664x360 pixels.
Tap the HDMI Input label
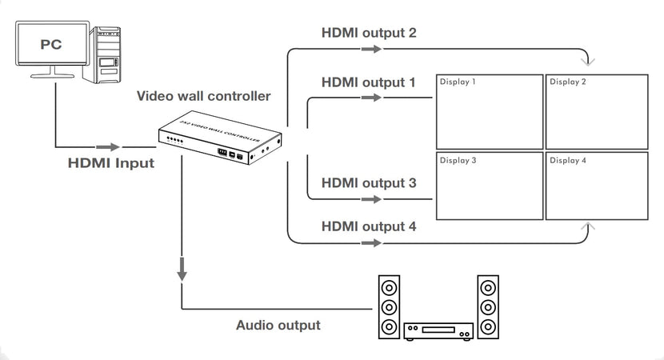pos(110,163)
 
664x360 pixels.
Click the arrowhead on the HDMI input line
pos(108,147)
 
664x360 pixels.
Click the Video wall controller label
pos(203,97)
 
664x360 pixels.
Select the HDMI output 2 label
pos(369,33)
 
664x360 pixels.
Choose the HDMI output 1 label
pos(369,82)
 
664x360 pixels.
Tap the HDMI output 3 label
pos(369,183)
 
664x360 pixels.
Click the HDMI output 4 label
pos(369,226)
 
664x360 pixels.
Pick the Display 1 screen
pos(488,112)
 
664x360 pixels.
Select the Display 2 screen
pos(597,112)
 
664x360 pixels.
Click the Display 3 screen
pos(488,186)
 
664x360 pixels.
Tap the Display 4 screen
pos(597,186)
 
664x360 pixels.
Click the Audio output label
pos(278,326)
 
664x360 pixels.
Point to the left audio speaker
pos(389,307)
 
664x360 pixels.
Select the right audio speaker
pos(488,307)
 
